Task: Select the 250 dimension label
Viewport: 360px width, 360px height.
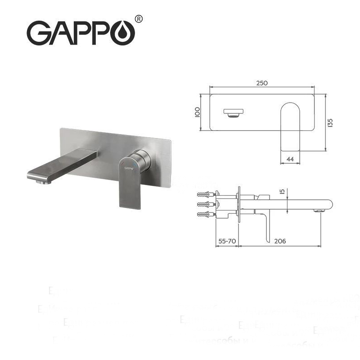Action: tap(262, 83)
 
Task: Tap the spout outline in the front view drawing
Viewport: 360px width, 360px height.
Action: tap(234, 113)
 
